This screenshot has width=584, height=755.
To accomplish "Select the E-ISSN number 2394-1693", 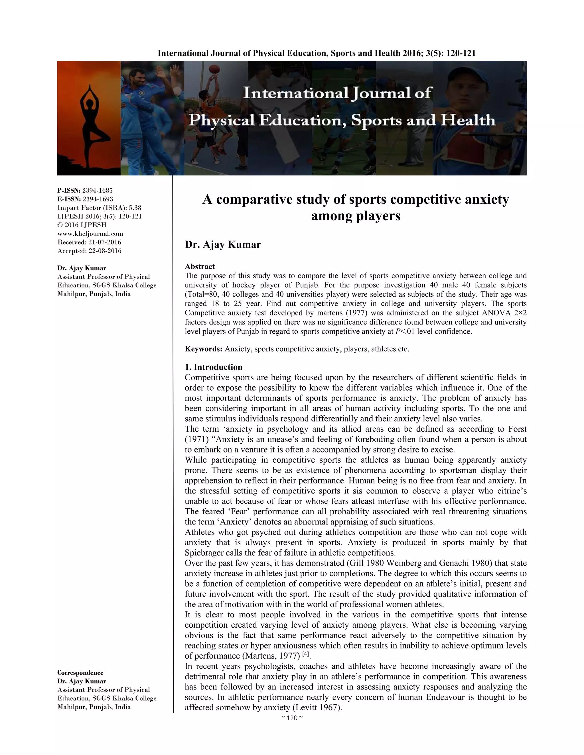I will [98, 199].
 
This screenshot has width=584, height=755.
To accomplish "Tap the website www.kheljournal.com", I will [90, 233].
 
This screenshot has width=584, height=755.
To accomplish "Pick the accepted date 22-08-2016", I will [105, 251].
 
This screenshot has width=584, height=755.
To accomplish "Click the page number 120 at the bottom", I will [292, 718].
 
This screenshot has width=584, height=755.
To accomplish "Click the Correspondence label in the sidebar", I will [80, 672].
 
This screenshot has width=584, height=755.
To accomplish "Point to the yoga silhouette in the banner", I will [89, 118].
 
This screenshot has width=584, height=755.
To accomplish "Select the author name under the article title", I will [223, 244].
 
